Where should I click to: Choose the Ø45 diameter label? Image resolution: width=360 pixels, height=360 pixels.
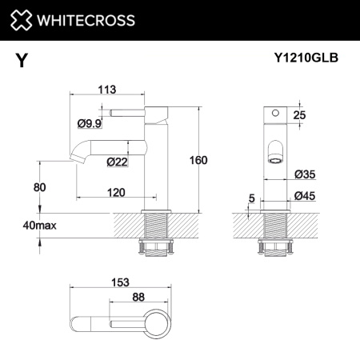point(304,196)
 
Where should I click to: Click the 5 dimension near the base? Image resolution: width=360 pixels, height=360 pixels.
point(251,198)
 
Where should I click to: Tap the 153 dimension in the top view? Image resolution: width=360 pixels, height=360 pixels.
point(119,282)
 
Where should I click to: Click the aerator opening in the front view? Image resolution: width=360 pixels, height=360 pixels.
point(274,157)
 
